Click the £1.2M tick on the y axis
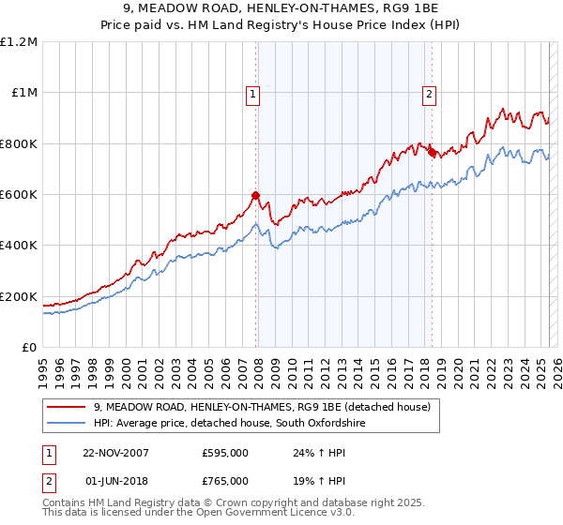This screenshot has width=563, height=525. pos(19,42)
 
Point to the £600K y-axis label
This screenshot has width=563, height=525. pos(19,195)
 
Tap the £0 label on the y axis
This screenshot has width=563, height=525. pos(30,348)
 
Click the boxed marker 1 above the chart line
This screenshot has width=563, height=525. pos(254,93)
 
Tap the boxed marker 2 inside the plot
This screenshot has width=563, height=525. pos(429,93)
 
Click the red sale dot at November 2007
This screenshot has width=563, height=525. pos(255,196)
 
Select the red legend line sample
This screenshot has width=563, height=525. pos(68,407)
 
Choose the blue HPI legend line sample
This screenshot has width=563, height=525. pos(68,424)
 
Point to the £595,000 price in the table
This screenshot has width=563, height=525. pos(225,453)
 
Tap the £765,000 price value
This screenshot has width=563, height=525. pos(225,483)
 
